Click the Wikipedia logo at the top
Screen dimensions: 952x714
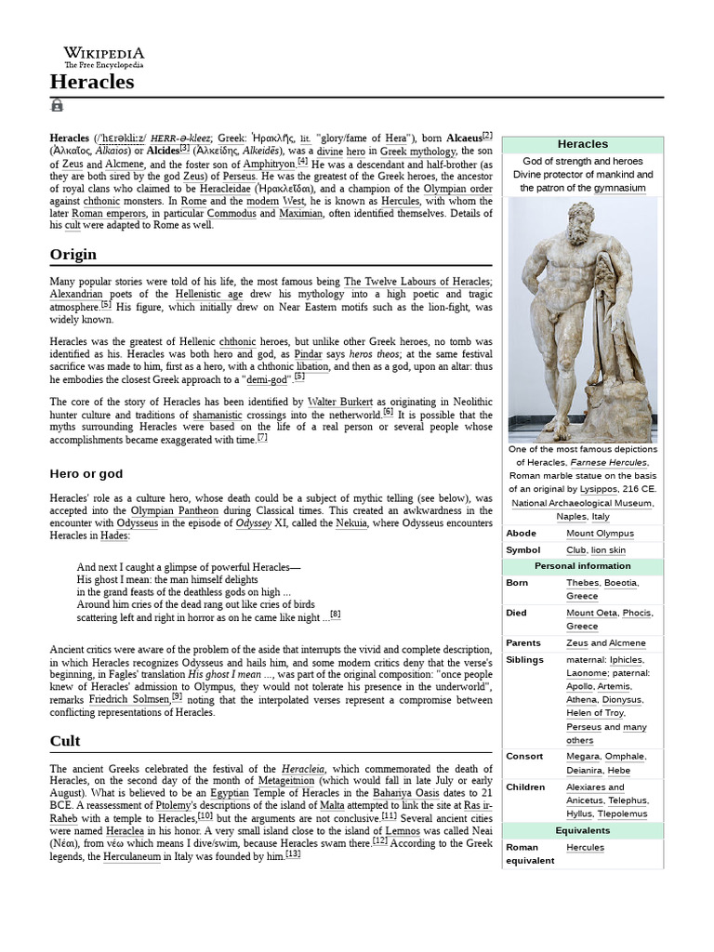click(x=103, y=57)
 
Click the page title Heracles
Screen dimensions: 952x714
click(x=92, y=82)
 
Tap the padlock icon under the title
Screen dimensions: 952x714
click(x=57, y=105)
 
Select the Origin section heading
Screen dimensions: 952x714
click(x=73, y=254)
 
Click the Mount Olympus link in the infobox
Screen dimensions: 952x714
click(x=600, y=534)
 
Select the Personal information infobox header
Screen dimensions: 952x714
click(x=582, y=566)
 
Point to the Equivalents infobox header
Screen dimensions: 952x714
click(x=582, y=830)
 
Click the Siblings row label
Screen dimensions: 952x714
click(x=525, y=659)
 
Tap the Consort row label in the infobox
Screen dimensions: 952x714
click(x=524, y=757)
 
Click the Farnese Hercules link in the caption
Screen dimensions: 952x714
click(x=610, y=462)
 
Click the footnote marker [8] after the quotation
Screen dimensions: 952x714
click(x=336, y=614)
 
